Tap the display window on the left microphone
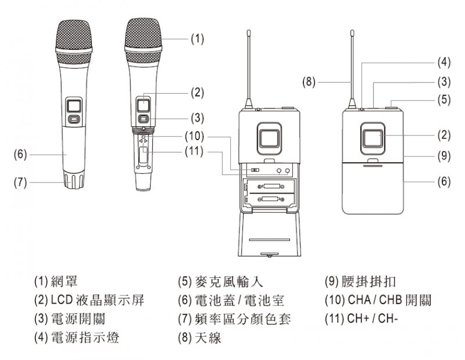point(74,105)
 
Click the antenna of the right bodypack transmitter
point(353,64)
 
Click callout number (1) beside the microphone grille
point(198,39)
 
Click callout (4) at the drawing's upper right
point(443,61)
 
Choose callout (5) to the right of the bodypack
point(443,99)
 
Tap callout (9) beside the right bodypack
point(443,155)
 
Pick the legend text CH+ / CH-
point(373,319)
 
